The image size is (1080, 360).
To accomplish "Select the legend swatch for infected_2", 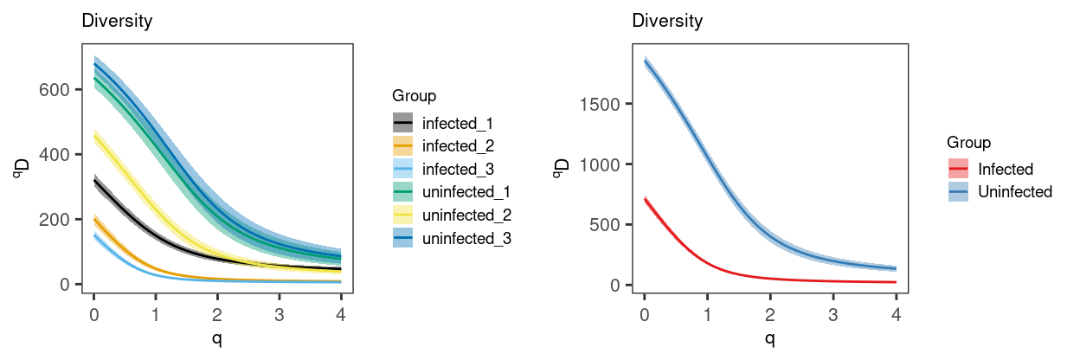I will (x=403, y=145).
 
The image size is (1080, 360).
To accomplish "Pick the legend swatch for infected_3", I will (x=403, y=169).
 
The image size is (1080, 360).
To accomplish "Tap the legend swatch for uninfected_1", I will (x=403, y=191).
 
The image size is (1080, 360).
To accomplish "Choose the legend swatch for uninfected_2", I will (x=403, y=215).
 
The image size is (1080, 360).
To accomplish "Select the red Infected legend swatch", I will (x=957, y=169).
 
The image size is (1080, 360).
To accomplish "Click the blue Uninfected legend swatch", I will (x=957, y=191).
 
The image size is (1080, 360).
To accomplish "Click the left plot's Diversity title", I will (x=117, y=22).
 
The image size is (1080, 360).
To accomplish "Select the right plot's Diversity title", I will (x=667, y=22).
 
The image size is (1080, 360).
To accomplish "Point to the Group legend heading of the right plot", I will (x=968, y=141).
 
